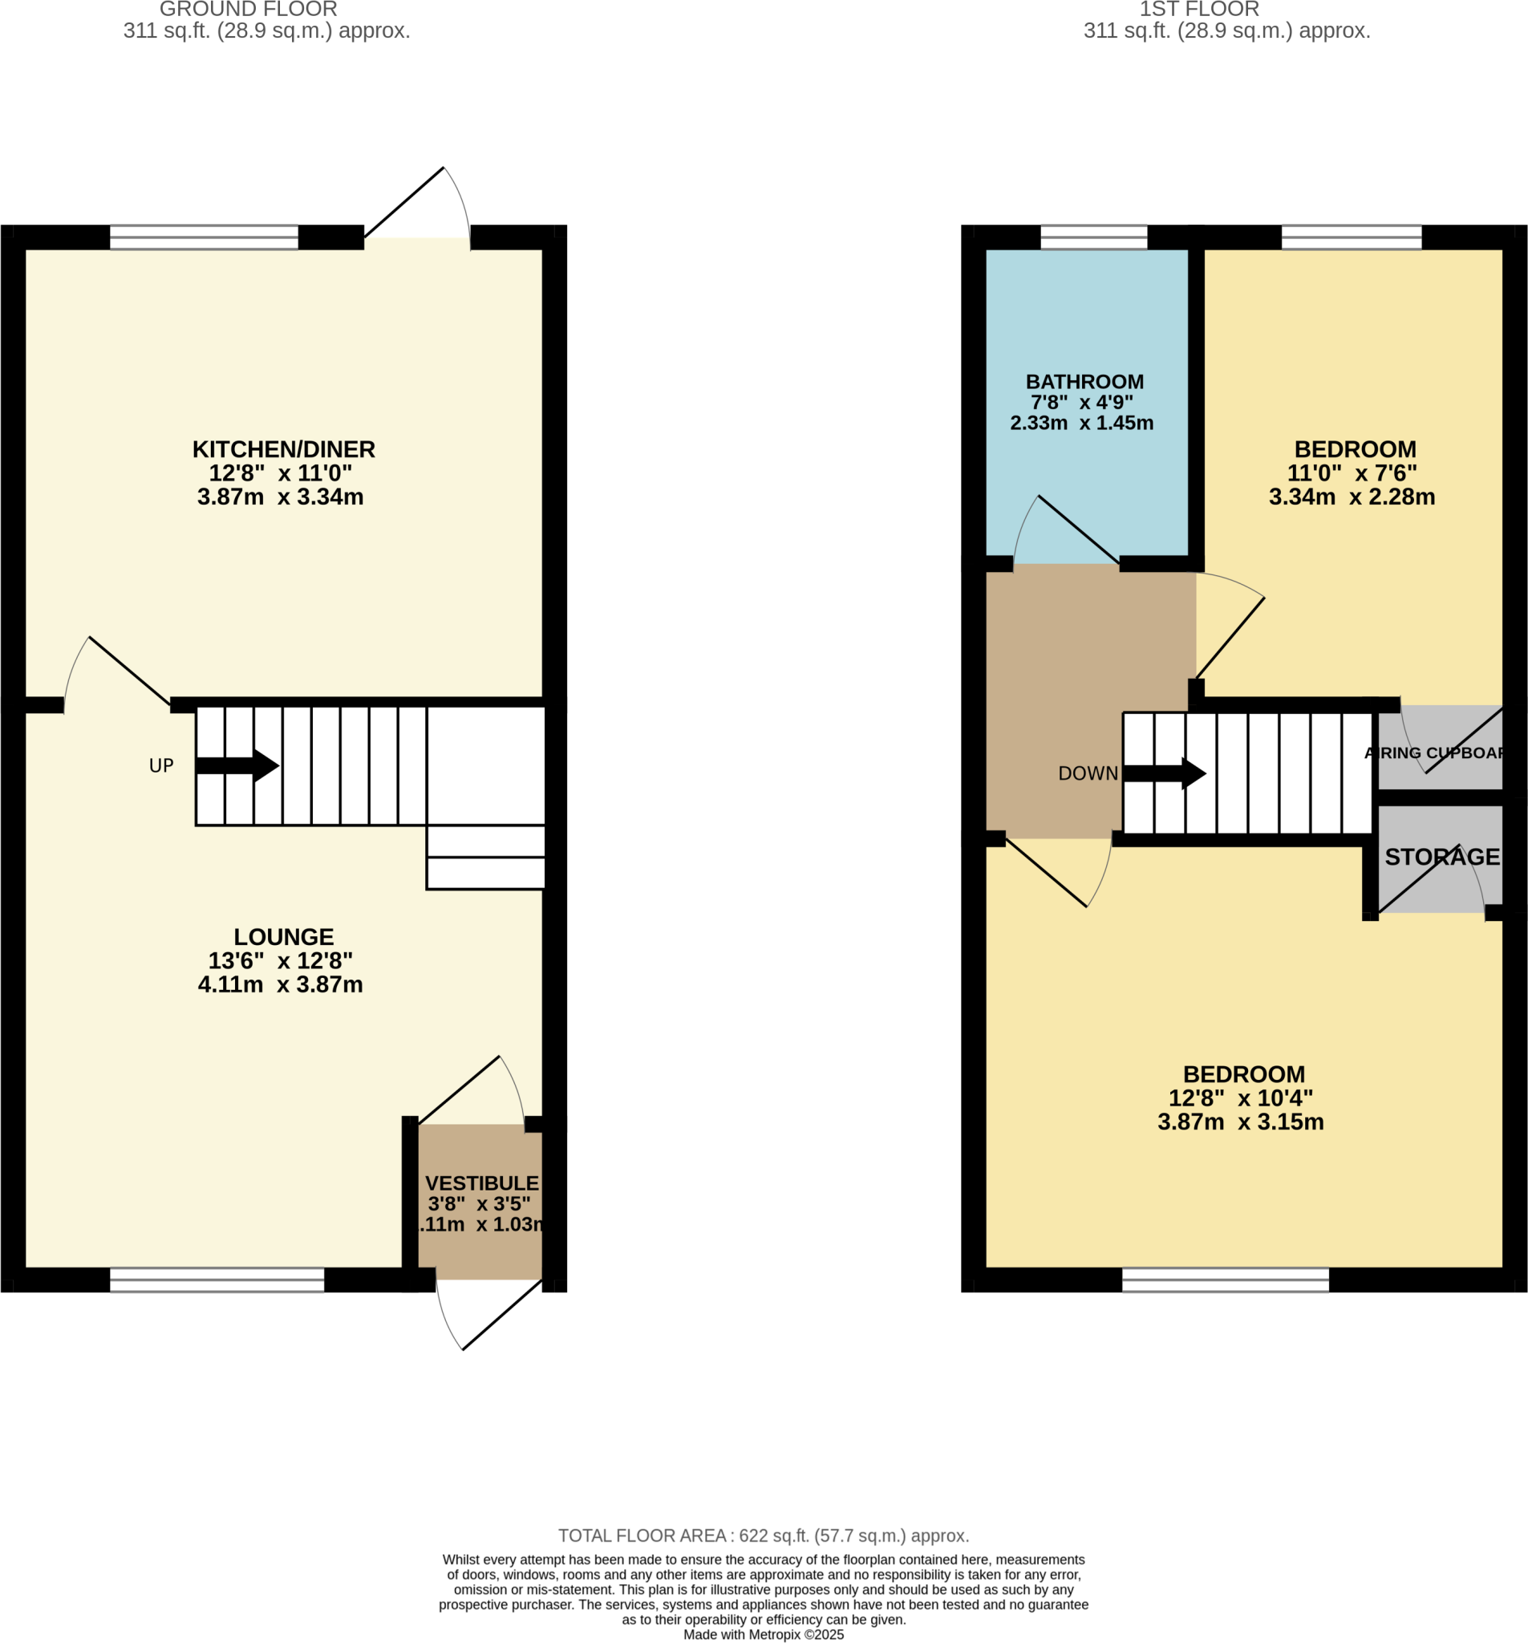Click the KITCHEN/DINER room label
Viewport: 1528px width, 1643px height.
click(x=283, y=449)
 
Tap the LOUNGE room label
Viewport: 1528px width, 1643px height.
click(x=283, y=936)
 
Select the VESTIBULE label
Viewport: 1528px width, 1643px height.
click(x=482, y=1183)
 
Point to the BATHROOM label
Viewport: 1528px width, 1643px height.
click(x=1084, y=382)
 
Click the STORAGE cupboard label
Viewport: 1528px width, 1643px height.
click(x=1441, y=857)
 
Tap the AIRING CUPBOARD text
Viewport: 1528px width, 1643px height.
click(x=1437, y=753)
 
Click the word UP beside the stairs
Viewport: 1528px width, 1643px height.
click(x=161, y=766)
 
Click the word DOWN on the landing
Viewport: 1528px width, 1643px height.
click(x=1088, y=773)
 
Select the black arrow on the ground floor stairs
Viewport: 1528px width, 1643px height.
click(x=238, y=765)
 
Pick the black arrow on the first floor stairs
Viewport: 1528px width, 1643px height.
click(x=1165, y=773)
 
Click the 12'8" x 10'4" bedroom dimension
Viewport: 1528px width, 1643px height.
click(x=1239, y=1098)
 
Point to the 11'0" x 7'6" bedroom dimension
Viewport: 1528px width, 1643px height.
click(x=1352, y=473)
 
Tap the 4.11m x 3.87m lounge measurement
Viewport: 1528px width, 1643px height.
click(x=280, y=984)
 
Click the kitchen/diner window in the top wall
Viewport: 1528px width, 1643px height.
click(x=203, y=237)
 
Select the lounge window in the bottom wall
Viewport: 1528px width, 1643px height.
click(x=217, y=1280)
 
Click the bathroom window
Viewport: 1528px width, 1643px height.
click(x=1092, y=237)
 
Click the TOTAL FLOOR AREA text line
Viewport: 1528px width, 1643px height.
click(x=763, y=1535)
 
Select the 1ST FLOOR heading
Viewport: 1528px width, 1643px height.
click(x=1198, y=10)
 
